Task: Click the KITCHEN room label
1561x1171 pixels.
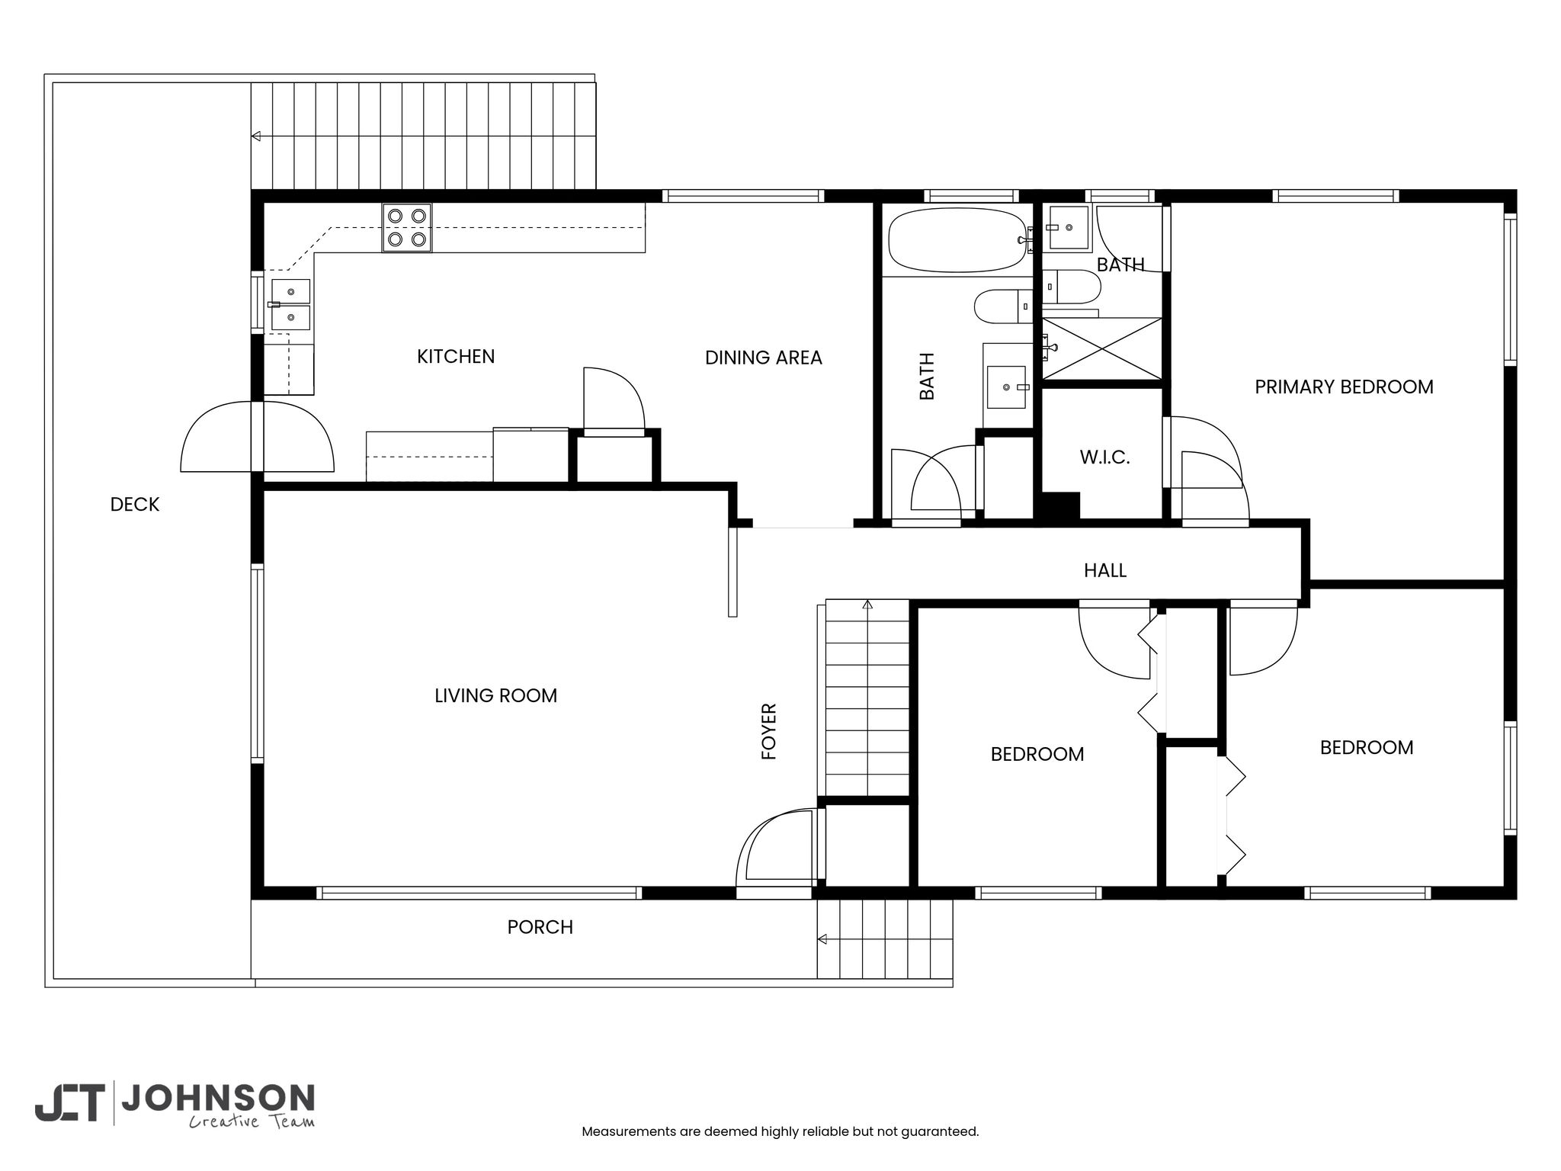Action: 456,356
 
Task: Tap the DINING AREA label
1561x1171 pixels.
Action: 763,358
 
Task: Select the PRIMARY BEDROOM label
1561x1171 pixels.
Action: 1344,387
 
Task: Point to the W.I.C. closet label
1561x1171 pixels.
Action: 1104,457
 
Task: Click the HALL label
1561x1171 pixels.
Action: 1105,570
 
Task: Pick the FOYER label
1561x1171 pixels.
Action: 769,731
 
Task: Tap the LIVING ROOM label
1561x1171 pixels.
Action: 495,695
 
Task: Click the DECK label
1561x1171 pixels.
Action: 135,504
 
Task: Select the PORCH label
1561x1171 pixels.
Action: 540,927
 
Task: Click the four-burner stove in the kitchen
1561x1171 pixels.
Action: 406,227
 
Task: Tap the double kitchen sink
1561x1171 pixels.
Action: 290,304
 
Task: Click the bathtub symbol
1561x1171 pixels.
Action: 957,239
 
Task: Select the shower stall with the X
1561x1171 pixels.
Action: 1101,348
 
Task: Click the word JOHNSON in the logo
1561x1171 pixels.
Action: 218,1098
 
